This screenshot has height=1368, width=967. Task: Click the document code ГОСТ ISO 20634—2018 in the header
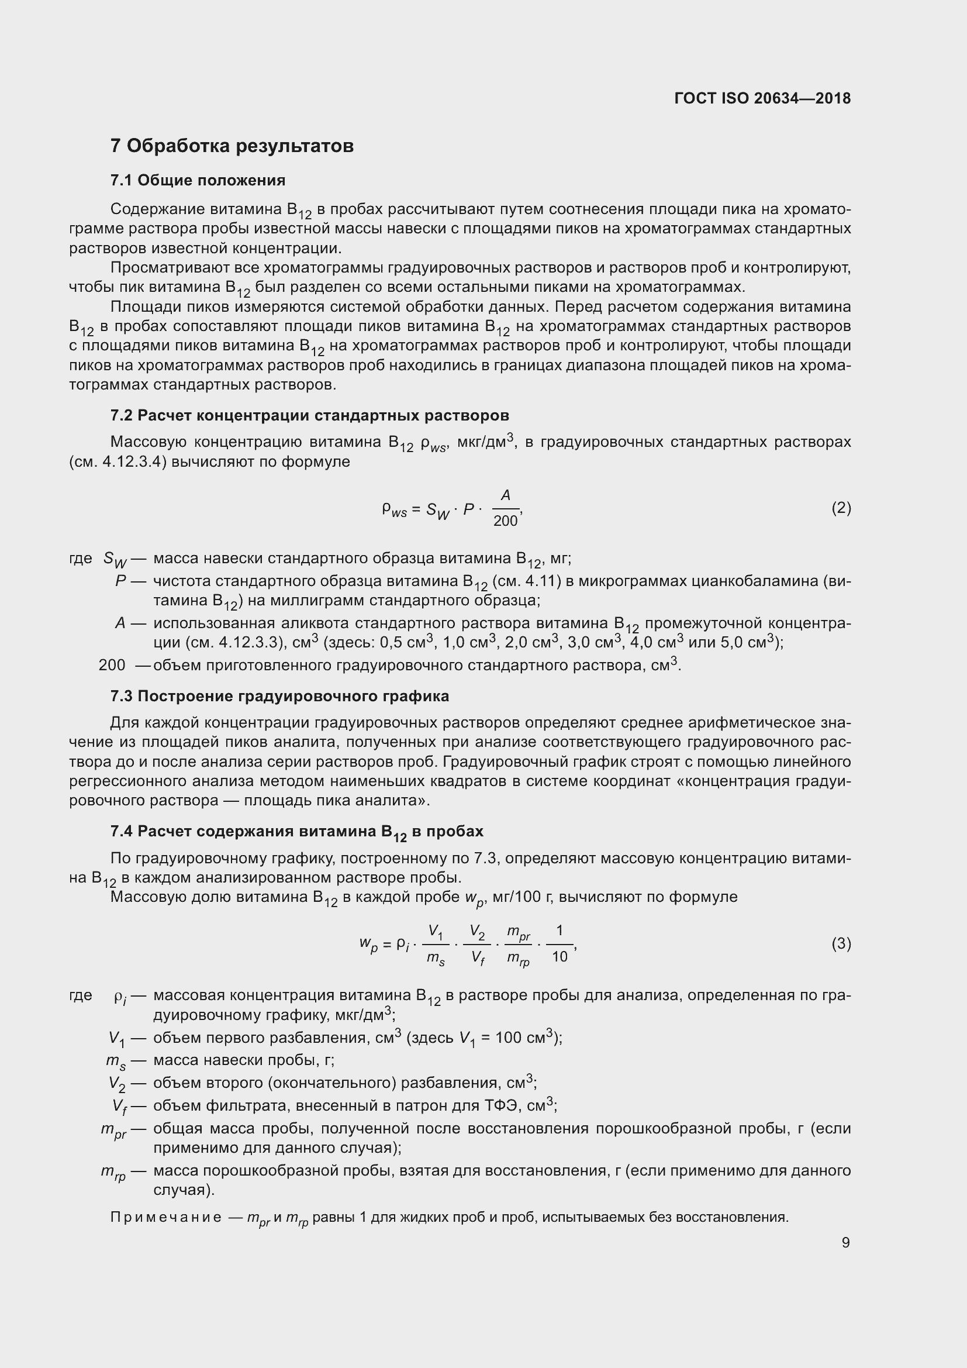(762, 98)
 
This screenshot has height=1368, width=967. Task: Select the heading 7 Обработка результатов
(232, 146)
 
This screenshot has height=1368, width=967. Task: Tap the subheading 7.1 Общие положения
(198, 180)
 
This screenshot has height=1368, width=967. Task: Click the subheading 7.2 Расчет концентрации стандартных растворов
(309, 415)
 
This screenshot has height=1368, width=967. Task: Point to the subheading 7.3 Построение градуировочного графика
(279, 696)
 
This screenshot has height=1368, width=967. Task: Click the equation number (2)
(841, 508)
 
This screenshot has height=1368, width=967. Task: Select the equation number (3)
(841, 943)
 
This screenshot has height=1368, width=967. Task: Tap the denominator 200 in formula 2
(505, 521)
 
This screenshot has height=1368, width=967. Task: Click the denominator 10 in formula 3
(559, 957)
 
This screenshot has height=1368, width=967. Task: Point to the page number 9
(845, 1242)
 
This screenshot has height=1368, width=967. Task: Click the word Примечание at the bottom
(165, 1217)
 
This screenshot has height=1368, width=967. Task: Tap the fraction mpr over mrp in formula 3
(518, 945)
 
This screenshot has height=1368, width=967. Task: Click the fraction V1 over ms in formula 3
(436, 945)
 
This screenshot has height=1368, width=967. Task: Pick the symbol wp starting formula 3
(368, 944)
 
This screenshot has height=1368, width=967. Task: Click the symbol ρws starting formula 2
(394, 509)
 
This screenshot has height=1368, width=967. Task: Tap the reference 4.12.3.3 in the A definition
(248, 643)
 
